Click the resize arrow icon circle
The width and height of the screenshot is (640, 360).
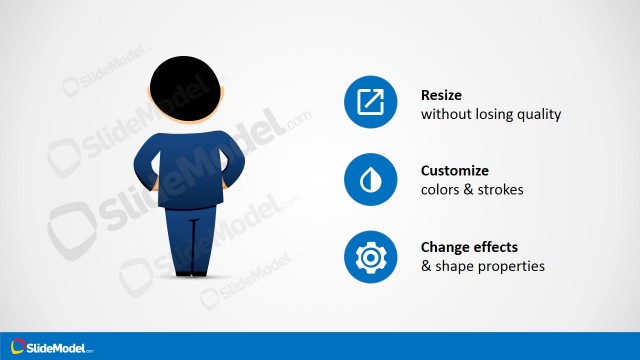point(370,103)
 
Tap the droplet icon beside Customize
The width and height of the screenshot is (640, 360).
point(370,180)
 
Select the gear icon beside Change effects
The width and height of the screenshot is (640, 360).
point(370,257)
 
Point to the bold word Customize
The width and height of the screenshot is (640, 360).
point(455,171)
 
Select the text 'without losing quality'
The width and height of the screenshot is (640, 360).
point(490,114)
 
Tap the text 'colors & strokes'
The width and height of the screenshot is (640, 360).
point(472,190)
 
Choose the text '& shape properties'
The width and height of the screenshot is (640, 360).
point(482,266)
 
